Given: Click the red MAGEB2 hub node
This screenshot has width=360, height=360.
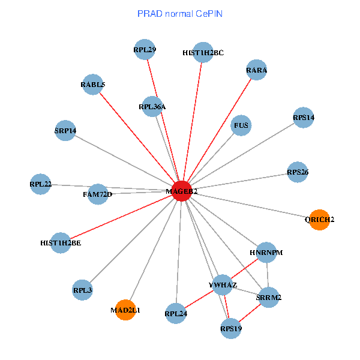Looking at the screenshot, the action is (x=181, y=190).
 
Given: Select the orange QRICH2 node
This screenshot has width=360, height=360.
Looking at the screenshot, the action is (x=318, y=219).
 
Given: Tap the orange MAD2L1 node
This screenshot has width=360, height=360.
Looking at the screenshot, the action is (x=125, y=310).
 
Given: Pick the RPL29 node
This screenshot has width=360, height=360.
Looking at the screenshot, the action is (x=145, y=50).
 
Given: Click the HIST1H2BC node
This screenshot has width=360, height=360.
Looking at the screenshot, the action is (x=203, y=52).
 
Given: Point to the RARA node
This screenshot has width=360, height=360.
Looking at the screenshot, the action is (x=256, y=70).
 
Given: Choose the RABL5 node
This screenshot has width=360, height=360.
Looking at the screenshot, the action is (x=92, y=85).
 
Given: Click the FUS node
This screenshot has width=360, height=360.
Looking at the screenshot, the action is (x=241, y=125).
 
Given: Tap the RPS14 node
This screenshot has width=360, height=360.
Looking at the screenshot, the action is (x=304, y=117).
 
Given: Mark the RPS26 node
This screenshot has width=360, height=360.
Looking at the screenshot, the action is (x=298, y=172).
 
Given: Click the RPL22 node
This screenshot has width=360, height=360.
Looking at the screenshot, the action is (x=41, y=184).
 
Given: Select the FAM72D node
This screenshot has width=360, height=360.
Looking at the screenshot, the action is (x=98, y=194).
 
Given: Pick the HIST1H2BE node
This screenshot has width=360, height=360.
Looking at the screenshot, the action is (x=61, y=242).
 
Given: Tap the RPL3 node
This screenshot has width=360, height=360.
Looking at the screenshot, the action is (x=82, y=290).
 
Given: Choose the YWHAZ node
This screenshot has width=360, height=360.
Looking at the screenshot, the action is (x=223, y=283).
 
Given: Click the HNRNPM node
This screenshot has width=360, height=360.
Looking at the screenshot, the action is (x=266, y=253).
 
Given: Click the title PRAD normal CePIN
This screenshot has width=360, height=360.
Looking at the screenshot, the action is (x=180, y=13).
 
